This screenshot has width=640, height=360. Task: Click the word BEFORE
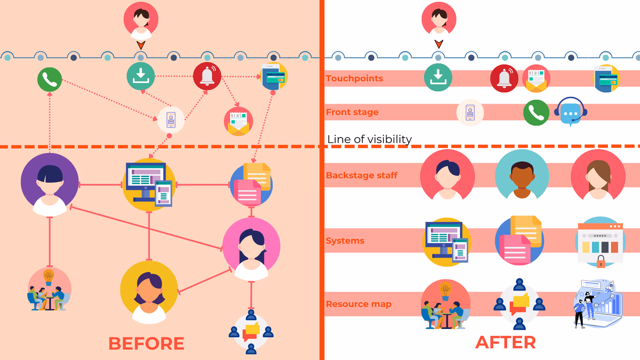pos(146,343)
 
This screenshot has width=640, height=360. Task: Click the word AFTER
pos(505,342)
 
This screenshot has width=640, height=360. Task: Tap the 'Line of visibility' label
pos(369,139)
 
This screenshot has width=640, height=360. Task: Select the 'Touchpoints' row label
pos(354,78)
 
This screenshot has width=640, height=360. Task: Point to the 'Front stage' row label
pos(352,112)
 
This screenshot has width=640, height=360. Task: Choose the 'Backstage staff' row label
pos(361,175)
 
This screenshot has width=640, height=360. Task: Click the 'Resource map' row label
pos(358,304)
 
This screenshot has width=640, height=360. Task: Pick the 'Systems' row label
pos(345,241)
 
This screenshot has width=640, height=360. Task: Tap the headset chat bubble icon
pos(570,112)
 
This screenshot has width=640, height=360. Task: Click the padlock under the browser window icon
pos(601,261)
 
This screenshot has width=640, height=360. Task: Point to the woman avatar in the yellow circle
pos(149,291)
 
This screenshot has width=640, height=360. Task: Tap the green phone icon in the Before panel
pos(49,80)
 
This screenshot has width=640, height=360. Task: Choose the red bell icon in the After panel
pos(504,78)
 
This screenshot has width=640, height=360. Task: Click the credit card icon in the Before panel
pos(274,77)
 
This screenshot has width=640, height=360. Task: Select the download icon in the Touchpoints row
pos(438,78)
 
